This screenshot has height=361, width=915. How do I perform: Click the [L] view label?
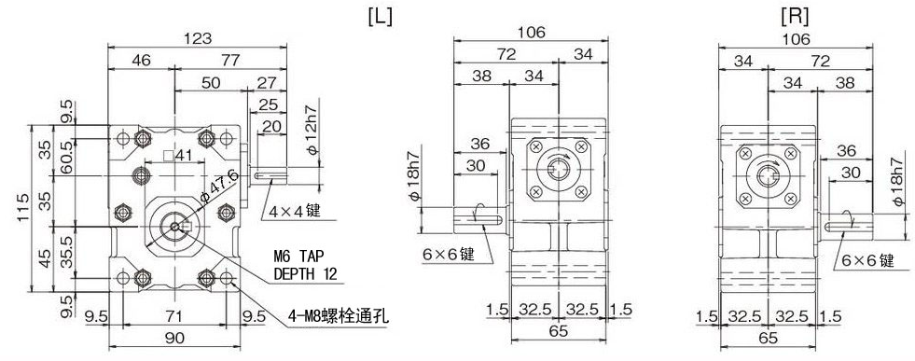click(380, 18)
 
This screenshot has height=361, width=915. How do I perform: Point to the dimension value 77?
click(230, 60)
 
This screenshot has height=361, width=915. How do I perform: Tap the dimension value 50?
click(211, 82)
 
